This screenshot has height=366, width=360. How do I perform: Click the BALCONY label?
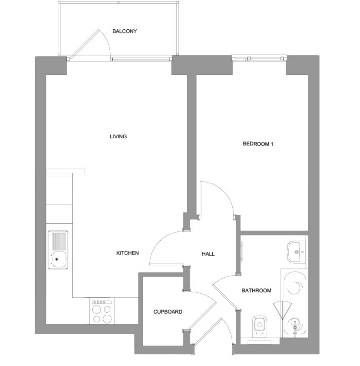pyautogui.click(x=124, y=31)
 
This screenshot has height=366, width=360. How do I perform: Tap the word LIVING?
pyautogui.click(x=118, y=137)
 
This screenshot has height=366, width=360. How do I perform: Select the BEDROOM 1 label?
pyautogui.click(x=258, y=144)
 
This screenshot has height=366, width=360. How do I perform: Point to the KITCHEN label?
pyautogui.click(x=127, y=253)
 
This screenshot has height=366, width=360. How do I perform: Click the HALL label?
pyautogui.click(x=208, y=254)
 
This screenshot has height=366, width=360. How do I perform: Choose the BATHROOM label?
pyautogui.click(x=256, y=291)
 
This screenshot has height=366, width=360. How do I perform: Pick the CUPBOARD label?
pyautogui.click(x=168, y=312)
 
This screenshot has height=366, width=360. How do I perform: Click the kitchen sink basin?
pyautogui.click(x=59, y=259)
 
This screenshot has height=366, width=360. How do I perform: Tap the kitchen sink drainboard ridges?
pyautogui.click(x=58, y=241)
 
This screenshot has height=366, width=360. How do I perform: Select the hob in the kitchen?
pyautogui.click(x=102, y=311)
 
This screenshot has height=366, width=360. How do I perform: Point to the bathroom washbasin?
pyautogui.click(x=295, y=252)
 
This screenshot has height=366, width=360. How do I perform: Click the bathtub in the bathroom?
pyautogui.click(x=295, y=303)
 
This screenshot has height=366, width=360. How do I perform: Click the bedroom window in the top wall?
pyautogui.click(x=259, y=58)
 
